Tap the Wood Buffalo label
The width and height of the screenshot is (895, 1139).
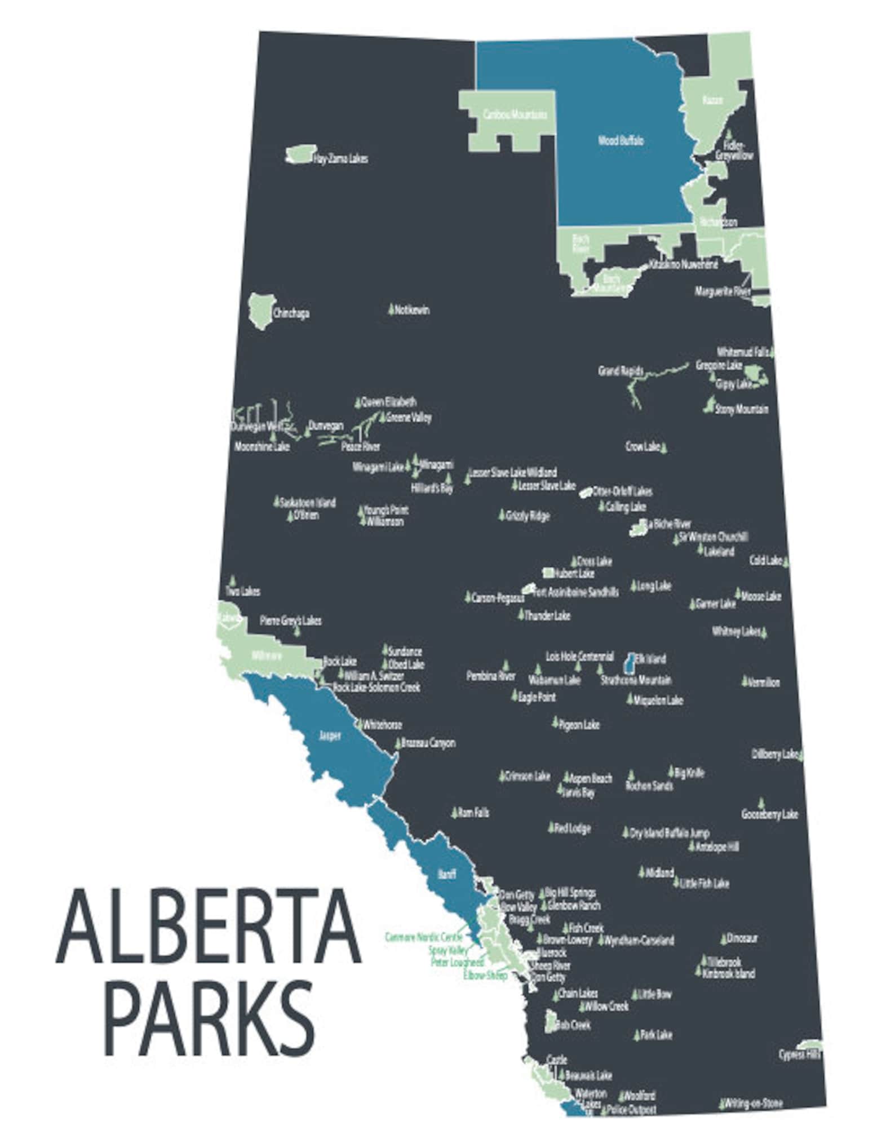[621, 141]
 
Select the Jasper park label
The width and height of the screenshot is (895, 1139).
[330, 735]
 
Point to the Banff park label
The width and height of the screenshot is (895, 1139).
[446, 874]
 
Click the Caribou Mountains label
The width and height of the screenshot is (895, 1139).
[515, 114]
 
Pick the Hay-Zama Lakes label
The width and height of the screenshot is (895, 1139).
[340, 159]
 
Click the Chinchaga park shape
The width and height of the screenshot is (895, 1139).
[260, 311]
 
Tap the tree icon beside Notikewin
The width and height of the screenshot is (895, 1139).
[391, 309]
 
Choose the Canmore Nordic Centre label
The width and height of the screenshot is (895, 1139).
[424, 937]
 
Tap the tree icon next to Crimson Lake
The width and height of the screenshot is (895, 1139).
[502, 776]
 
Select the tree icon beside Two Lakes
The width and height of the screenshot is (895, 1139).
[232, 580]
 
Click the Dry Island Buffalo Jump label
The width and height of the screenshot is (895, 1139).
[670, 833]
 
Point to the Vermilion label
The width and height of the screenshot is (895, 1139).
[764, 682]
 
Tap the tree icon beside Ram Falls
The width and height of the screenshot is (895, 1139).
[454, 812]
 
